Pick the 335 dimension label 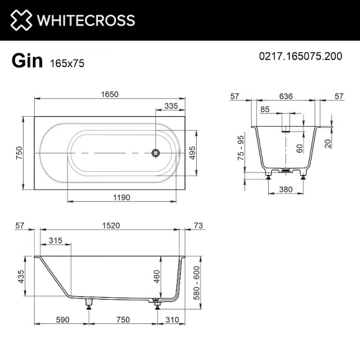coord(171,106)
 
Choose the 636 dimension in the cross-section coord(287,96)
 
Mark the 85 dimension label coord(265,110)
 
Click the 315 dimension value coord(56,240)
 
